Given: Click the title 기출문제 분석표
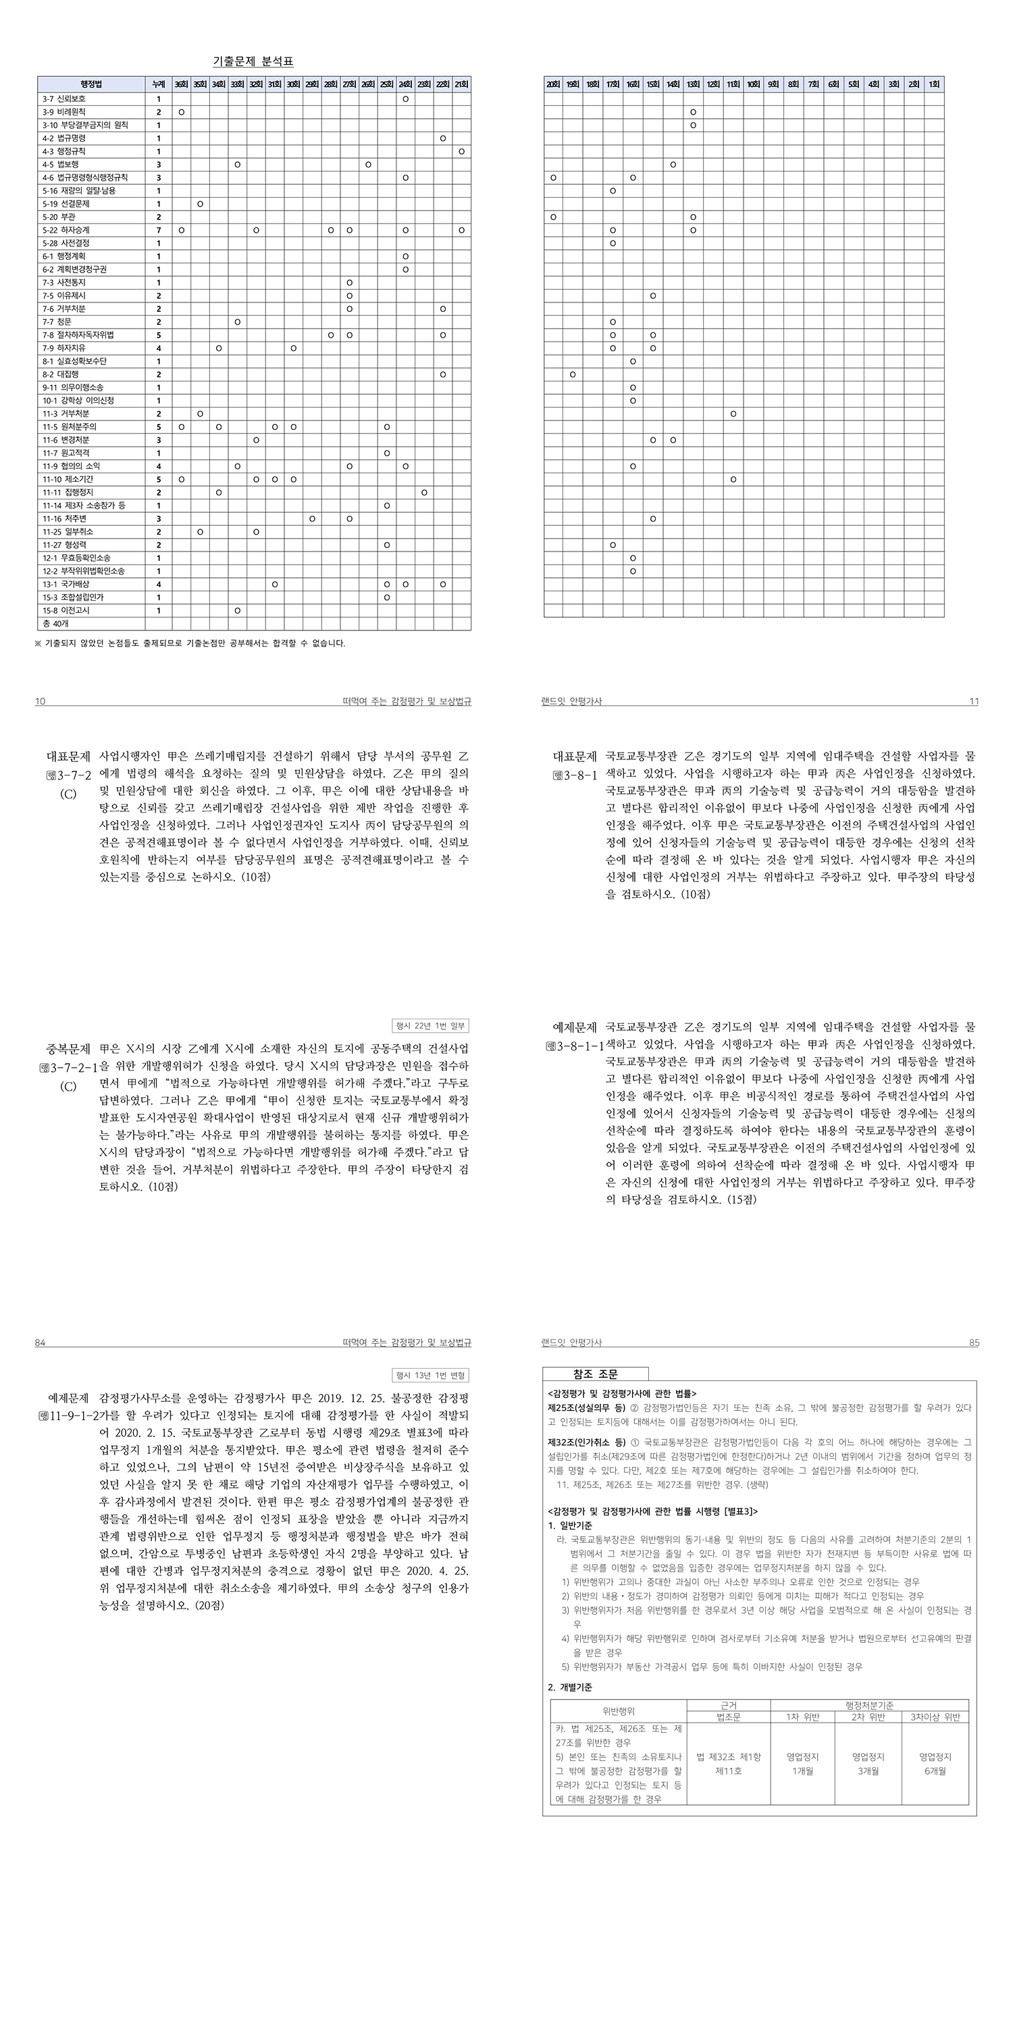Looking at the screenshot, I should point(253,61).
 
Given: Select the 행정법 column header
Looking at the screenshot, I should point(91,84).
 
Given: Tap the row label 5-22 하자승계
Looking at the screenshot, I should point(66,230).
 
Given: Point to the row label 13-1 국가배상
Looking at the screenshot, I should point(66,584).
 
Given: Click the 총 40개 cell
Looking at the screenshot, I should point(55,624).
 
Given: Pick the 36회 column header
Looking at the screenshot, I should point(181,84).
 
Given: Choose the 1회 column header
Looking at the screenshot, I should point(933,84).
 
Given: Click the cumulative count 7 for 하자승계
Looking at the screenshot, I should point(158,230).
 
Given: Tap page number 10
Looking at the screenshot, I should point(40,701).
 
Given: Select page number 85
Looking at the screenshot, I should point(974,1343).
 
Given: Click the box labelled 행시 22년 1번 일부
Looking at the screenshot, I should point(430,1025).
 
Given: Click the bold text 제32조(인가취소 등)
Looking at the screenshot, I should point(586,1442).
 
